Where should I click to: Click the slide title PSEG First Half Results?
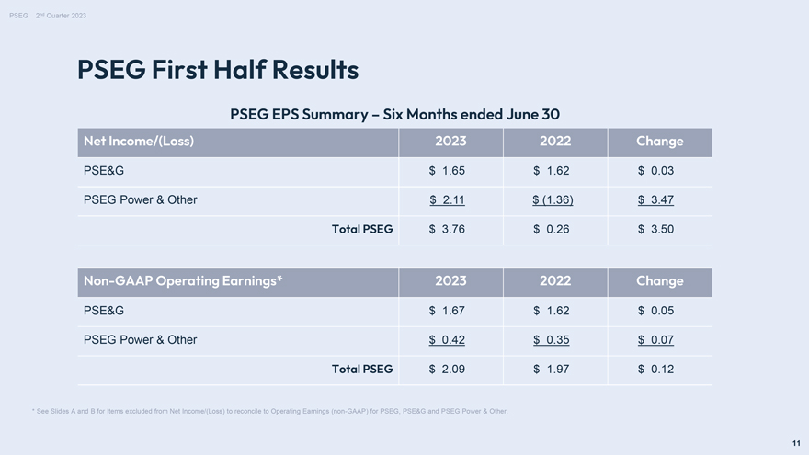[218, 70]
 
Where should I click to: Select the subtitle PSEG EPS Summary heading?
[394, 114]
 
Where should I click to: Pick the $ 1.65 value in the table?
[447, 171]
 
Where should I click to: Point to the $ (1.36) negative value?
[553, 199]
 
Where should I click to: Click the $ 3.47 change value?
[655, 199]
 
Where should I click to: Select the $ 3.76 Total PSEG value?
[447, 229]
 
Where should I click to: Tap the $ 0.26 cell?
[551, 229]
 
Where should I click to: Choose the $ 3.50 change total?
[655, 229]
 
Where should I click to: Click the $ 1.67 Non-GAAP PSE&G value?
[447, 311]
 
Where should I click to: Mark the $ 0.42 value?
[447, 340]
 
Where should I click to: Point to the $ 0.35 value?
[551, 340]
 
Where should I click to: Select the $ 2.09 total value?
[447, 369]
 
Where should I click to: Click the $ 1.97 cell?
[551, 369]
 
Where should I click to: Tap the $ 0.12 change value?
[655, 369]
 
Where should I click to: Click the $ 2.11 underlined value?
[447, 199]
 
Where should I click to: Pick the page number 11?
[796, 443]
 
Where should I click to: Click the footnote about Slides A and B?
[270, 411]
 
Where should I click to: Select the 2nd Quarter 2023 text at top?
[61, 16]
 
